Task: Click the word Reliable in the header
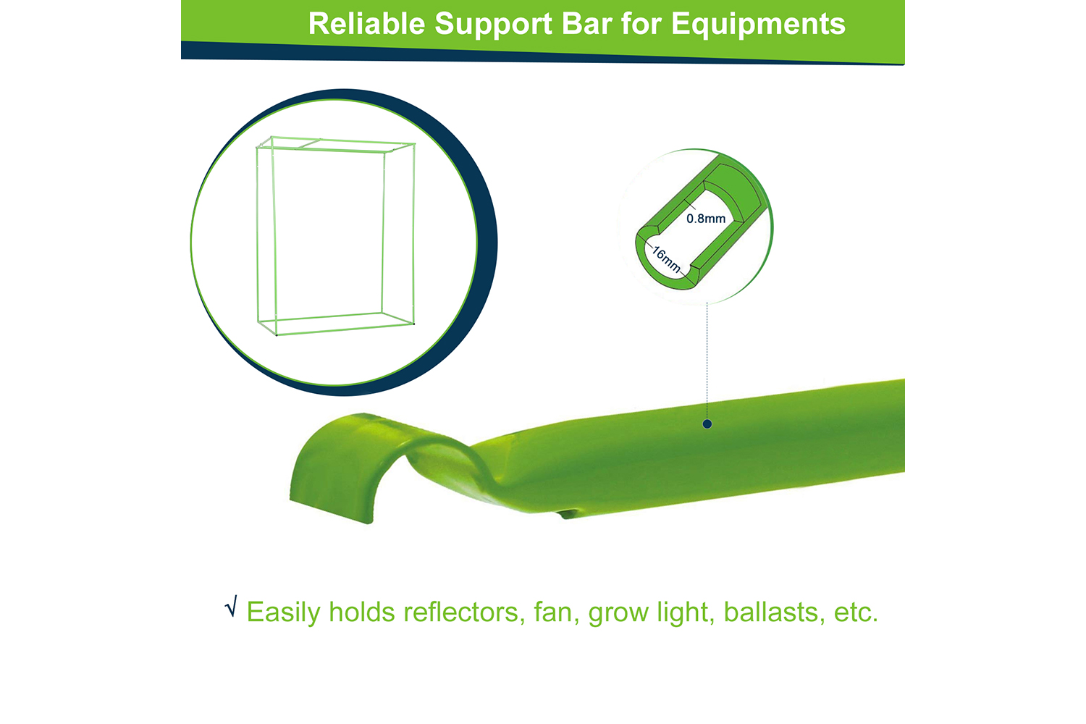(x=366, y=24)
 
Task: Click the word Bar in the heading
(x=587, y=24)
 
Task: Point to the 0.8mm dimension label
(x=706, y=219)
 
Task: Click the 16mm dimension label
(x=666, y=259)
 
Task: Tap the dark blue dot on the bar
(x=707, y=424)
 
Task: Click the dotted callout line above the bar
(x=707, y=361)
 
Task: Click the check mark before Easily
(x=231, y=606)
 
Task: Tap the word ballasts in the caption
(x=774, y=612)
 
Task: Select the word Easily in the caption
(x=284, y=613)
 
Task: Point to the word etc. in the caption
(x=856, y=613)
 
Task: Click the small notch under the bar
(x=568, y=513)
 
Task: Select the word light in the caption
(x=686, y=613)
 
